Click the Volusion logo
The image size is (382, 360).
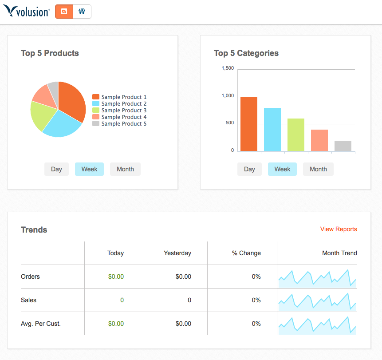(26, 12)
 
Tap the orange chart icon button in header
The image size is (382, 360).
(64, 12)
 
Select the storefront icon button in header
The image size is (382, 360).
(82, 12)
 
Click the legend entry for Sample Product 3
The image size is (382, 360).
(119, 111)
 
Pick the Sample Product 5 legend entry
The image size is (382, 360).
(119, 124)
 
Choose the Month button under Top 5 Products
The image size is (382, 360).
(125, 169)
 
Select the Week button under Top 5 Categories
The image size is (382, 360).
(282, 169)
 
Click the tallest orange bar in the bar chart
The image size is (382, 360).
(249, 124)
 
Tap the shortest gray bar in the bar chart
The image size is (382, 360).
(343, 146)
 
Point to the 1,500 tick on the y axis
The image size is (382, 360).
(228, 68)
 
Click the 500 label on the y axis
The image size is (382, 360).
(229, 123)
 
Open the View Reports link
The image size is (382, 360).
(339, 229)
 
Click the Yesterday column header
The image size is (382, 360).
(177, 253)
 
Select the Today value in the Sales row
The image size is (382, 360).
(122, 300)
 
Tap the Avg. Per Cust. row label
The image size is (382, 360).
(41, 324)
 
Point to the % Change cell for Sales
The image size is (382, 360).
(256, 300)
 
